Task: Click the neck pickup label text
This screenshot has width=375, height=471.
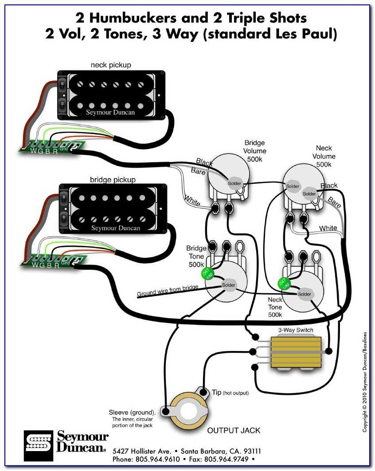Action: (x=111, y=65)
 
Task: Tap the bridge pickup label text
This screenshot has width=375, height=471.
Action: (x=113, y=179)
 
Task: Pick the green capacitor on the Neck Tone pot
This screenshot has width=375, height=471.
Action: (x=282, y=283)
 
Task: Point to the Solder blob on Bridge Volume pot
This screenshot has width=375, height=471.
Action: (x=234, y=183)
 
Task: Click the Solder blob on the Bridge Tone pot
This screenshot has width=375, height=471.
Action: (x=229, y=284)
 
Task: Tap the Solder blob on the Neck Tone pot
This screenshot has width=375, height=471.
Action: (x=305, y=294)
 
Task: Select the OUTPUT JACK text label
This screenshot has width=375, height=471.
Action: (x=234, y=430)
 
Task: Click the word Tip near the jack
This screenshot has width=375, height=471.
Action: (x=216, y=393)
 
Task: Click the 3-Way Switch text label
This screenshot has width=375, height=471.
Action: (x=296, y=330)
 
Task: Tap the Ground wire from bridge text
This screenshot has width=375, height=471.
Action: (x=167, y=291)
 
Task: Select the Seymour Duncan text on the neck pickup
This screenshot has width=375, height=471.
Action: (x=110, y=113)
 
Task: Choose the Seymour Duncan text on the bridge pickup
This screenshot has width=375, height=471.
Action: (x=115, y=228)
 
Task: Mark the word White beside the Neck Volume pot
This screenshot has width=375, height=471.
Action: (x=328, y=228)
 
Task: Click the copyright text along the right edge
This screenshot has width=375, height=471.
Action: (x=364, y=381)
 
